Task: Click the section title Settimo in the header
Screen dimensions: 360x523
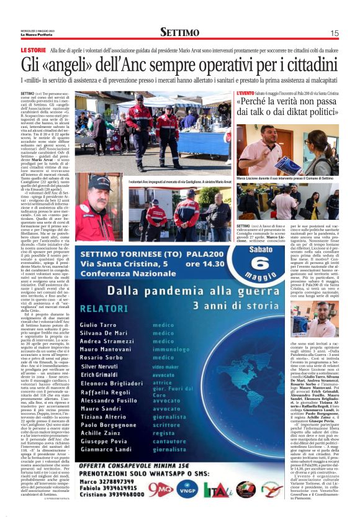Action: tap(180, 32)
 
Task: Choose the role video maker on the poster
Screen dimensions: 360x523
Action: tap(168, 367)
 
